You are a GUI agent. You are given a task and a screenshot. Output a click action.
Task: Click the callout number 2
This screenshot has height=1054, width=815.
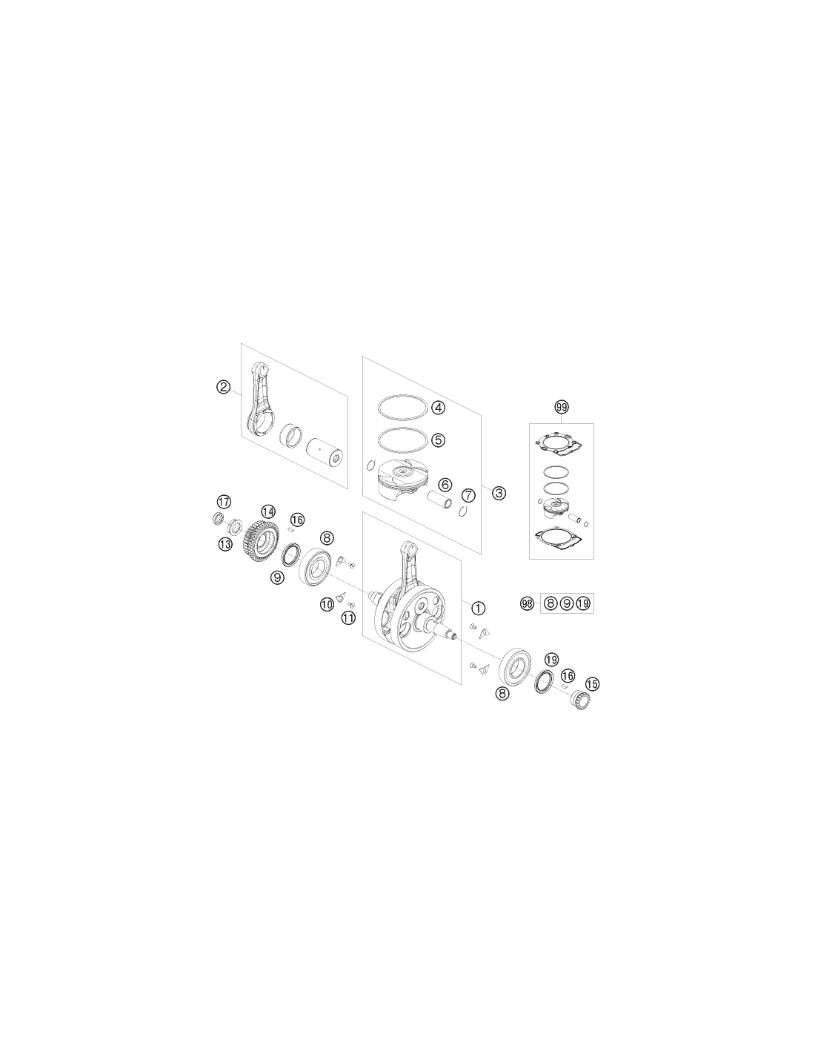click(223, 387)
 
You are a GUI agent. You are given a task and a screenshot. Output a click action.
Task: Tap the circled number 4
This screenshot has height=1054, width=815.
click(438, 408)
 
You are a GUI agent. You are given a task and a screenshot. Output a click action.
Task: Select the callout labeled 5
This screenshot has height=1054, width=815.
click(438, 440)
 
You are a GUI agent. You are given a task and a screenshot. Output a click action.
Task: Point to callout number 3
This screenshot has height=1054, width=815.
click(499, 494)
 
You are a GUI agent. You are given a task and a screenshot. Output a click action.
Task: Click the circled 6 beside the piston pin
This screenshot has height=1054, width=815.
click(445, 484)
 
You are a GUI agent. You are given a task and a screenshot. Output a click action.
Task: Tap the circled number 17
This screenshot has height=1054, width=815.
click(224, 502)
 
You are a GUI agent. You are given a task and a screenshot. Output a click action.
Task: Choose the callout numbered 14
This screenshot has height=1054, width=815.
click(268, 511)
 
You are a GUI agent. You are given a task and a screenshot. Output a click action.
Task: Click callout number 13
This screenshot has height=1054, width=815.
click(225, 545)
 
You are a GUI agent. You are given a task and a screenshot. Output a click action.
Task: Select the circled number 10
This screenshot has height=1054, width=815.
click(327, 604)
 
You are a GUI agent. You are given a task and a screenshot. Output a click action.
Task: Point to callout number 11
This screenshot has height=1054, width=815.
click(348, 618)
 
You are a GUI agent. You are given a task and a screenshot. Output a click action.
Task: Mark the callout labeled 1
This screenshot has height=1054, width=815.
click(478, 608)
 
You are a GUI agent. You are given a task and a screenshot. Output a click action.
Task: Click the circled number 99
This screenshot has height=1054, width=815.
click(562, 407)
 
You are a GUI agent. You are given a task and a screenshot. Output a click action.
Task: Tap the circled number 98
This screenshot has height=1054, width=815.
click(527, 603)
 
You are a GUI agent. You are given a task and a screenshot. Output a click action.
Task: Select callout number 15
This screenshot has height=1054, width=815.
click(592, 684)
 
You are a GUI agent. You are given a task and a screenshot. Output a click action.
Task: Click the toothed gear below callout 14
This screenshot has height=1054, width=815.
click(261, 540)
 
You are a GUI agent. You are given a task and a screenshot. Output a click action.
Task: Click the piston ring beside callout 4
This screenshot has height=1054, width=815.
click(402, 406)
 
